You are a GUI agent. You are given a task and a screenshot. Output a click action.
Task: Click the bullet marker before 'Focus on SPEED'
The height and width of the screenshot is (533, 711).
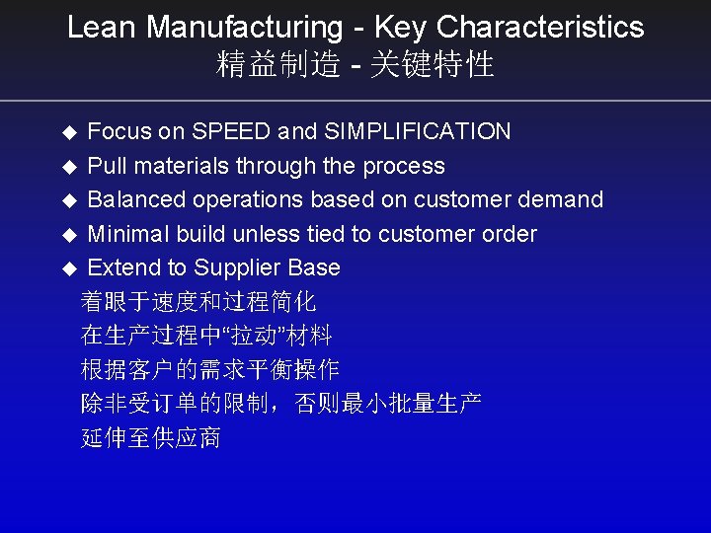(x=68, y=132)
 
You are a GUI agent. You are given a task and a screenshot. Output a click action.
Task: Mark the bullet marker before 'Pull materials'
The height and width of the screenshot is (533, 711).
(x=68, y=167)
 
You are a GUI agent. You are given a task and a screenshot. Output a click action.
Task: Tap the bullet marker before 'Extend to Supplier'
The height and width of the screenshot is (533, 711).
(x=68, y=268)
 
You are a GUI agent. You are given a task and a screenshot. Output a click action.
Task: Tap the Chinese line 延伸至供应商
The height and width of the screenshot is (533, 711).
(x=151, y=437)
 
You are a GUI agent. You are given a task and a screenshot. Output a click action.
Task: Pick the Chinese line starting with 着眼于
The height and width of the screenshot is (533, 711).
(x=198, y=301)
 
